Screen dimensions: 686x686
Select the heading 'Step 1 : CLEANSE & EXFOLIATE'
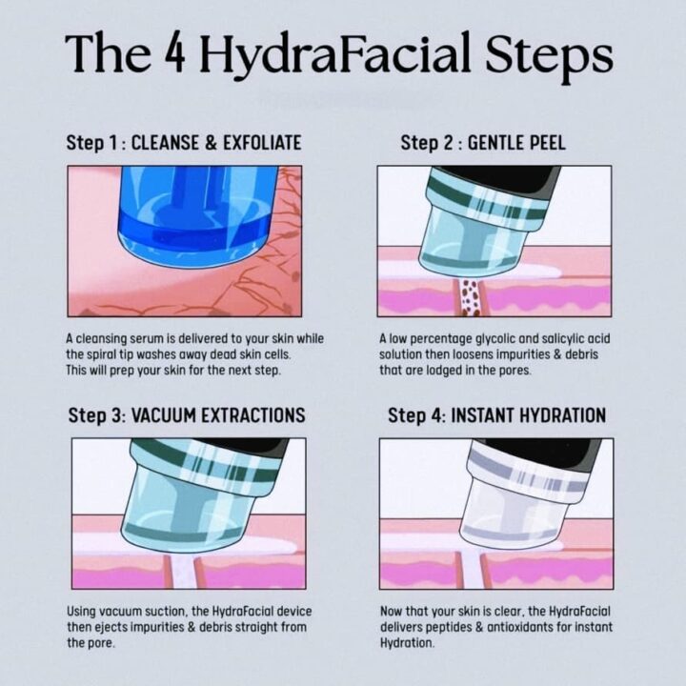(184, 143)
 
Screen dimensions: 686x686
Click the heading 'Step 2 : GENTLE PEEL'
(483, 143)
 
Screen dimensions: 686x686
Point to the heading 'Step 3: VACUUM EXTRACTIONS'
(187, 415)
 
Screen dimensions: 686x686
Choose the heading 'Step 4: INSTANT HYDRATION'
(496, 415)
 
